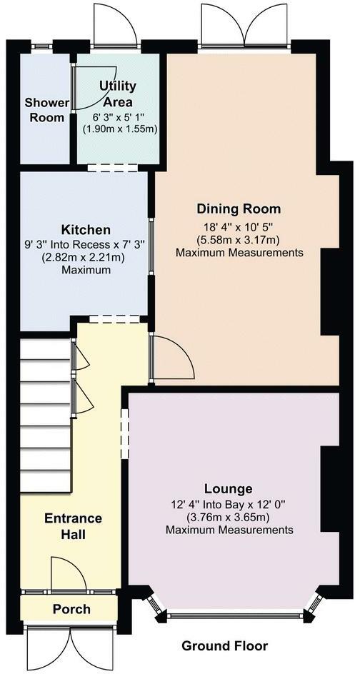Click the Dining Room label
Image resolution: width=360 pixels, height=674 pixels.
click(239, 209)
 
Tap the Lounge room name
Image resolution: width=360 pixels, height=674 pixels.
click(228, 489)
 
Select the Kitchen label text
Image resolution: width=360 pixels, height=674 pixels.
click(86, 229)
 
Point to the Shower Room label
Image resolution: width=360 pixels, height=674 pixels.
click(46, 110)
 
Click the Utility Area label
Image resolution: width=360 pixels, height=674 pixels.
click(117, 94)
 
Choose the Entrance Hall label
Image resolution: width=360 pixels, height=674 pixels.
click(73, 526)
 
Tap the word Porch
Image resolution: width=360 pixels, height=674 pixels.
click(72, 609)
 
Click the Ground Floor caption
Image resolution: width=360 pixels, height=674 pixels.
click(224, 645)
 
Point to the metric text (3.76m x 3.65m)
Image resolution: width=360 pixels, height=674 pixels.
click(230, 517)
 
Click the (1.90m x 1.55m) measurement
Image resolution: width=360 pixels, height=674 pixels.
click(119, 129)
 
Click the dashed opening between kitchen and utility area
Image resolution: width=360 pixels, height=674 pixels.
click(112, 168)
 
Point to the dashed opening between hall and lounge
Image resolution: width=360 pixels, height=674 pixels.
click(125, 433)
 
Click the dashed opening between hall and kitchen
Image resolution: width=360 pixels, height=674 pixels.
click(114, 319)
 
